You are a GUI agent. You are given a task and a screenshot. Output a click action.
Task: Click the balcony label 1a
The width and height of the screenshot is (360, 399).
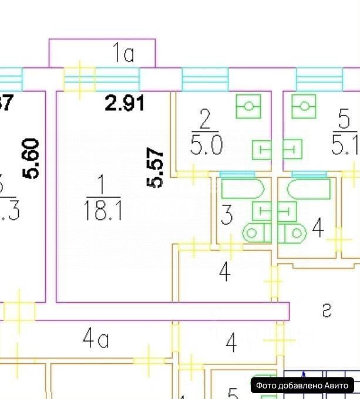tap(123, 55)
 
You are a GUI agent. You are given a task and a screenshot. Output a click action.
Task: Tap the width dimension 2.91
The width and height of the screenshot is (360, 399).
tap(125, 104)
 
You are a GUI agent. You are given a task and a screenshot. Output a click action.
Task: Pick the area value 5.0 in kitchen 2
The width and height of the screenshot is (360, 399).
tap(205, 144)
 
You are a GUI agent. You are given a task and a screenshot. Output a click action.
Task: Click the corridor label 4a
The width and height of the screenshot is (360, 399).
tap(95, 339)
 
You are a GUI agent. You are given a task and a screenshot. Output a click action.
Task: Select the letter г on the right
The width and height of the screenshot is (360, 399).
tap(327, 311)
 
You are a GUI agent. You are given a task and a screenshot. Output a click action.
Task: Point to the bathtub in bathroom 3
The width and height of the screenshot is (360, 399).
tap(243, 190)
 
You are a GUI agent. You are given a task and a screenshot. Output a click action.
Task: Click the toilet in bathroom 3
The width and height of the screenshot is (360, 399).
tap(256, 232)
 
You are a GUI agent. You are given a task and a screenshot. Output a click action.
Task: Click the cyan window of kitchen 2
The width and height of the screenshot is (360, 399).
tap(204, 79)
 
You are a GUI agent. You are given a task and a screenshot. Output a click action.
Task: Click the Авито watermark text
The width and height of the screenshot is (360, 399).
tap(304, 386)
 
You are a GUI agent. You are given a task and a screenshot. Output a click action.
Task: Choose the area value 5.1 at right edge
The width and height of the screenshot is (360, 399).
tap(346, 144)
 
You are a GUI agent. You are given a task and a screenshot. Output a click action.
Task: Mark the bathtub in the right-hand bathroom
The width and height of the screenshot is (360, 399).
tap(309, 190)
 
